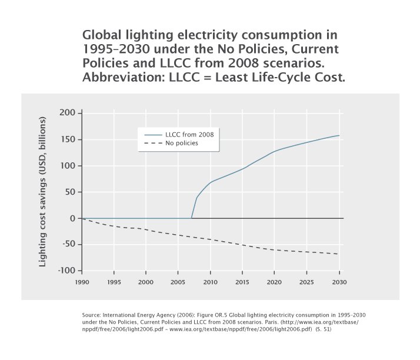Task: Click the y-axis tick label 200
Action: coord(68,113)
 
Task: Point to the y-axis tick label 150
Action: coord(68,139)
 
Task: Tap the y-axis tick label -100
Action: coord(66,271)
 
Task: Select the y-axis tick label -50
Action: coord(68,244)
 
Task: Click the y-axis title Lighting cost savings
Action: coord(43,192)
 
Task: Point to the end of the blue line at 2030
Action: coord(339,135)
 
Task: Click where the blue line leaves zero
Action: coord(192,218)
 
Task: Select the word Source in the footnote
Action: coord(92,316)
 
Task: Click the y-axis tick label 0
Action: coord(73,218)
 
